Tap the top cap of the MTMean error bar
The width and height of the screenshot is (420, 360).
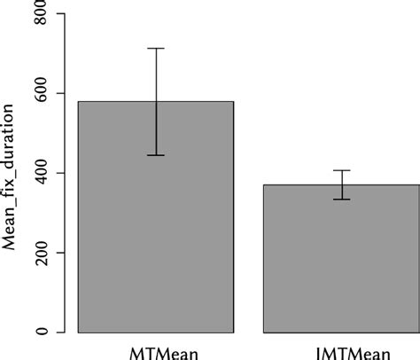point(156,49)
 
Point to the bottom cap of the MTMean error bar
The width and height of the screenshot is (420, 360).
point(156,155)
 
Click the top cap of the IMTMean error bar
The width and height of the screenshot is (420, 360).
point(341,170)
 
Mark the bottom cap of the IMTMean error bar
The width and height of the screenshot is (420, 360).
point(341,200)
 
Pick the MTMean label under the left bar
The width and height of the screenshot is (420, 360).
point(156,352)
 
